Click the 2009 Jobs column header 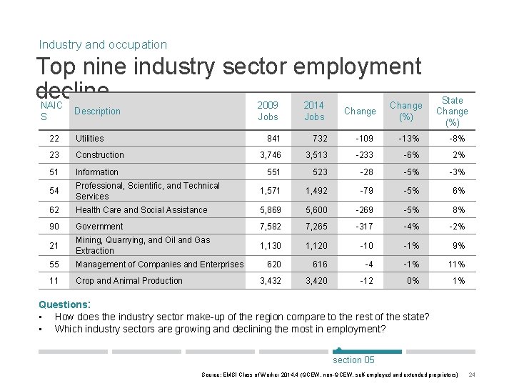click(268, 111)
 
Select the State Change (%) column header click(452, 111)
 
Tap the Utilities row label click(90, 139)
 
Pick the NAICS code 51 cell click(54, 172)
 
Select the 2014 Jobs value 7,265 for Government click(316, 227)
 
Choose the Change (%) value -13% click(408, 139)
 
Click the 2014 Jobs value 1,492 click(316, 191)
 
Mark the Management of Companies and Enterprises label click(159, 264)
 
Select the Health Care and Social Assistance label click(141, 210)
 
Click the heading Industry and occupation click(103, 44)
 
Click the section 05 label click(353, 360)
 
